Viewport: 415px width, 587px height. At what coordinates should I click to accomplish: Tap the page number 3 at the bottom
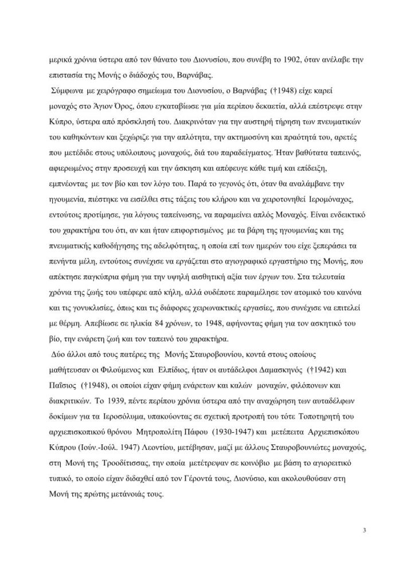pyautogui.click(x=365, y=529)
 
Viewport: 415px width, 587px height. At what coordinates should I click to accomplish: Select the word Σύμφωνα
pyautogui.click(x=67, y=92)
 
